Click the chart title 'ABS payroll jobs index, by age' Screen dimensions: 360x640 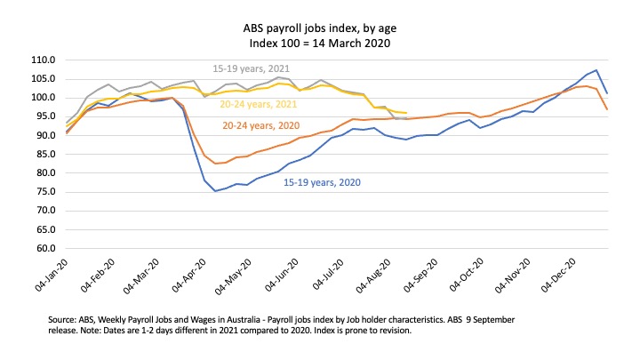click(x=320, y=28)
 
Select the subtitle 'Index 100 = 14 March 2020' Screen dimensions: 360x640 click(x=320, y=42)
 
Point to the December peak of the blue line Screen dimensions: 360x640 click(x=596, y=70)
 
